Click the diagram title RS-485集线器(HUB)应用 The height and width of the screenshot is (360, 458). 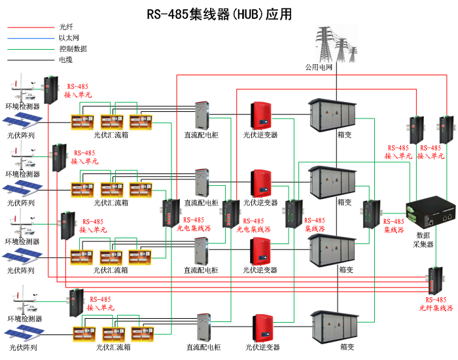tap(219, 14)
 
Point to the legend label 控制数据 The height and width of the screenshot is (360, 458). tap(73, 48)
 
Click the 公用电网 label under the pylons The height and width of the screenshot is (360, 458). tap(319, 67)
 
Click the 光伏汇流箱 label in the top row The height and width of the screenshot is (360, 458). tap(111, 135)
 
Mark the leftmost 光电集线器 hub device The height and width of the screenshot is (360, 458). tap(171, 214)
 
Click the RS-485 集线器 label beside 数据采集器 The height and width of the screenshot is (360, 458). tap(394, 226)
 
